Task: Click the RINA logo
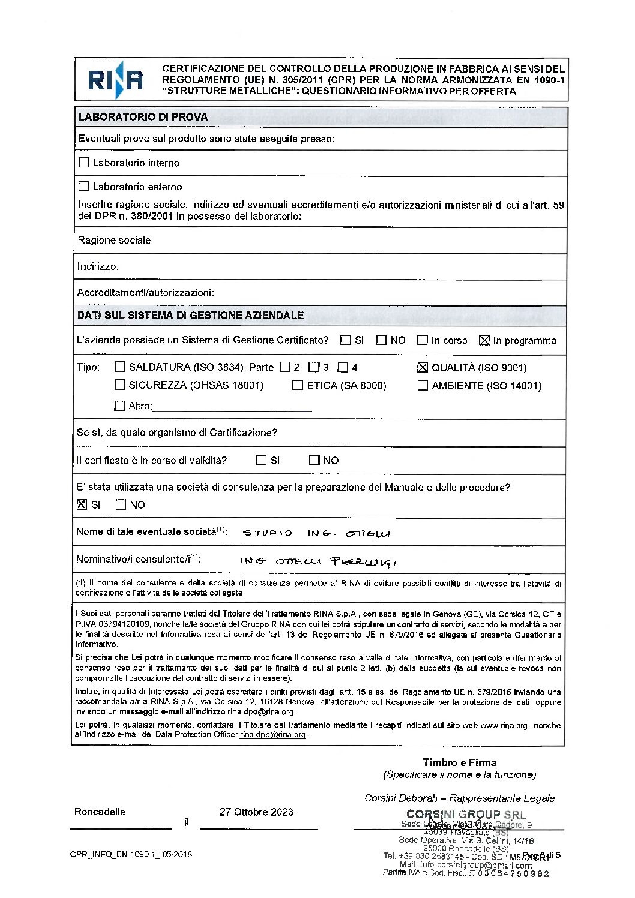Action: (x=115, y=80)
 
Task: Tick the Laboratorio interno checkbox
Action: (x=84, y=163)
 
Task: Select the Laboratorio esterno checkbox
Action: (x=84, y=187)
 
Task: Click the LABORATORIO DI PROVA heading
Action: (x=143, y=117)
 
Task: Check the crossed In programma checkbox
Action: (x=484, y=340)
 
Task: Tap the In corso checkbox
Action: (x=423, y=340)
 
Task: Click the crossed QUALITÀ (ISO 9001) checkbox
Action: (x=423, y=367)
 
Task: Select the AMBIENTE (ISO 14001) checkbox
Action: (x=423, y=385)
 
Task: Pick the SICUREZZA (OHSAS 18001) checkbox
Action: (x=120, y=385)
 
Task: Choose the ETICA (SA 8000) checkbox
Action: (x=298, y=385)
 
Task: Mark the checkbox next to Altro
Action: (x=119, y=406)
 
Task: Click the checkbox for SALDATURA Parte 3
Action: (x=314, y=367)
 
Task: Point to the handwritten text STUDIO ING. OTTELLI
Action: (x=316, y=533)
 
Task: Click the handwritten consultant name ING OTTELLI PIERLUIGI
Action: (x=318, y=561)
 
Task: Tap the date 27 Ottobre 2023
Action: (x=256, y=812)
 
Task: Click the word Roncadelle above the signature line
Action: (x=100, y=812)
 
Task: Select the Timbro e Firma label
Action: (x=459, y=762)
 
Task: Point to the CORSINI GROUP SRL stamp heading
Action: (x=466, y=814)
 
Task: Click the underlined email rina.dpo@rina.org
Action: (x=273, y=735)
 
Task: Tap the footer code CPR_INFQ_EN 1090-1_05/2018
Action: (x=131, y=854)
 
